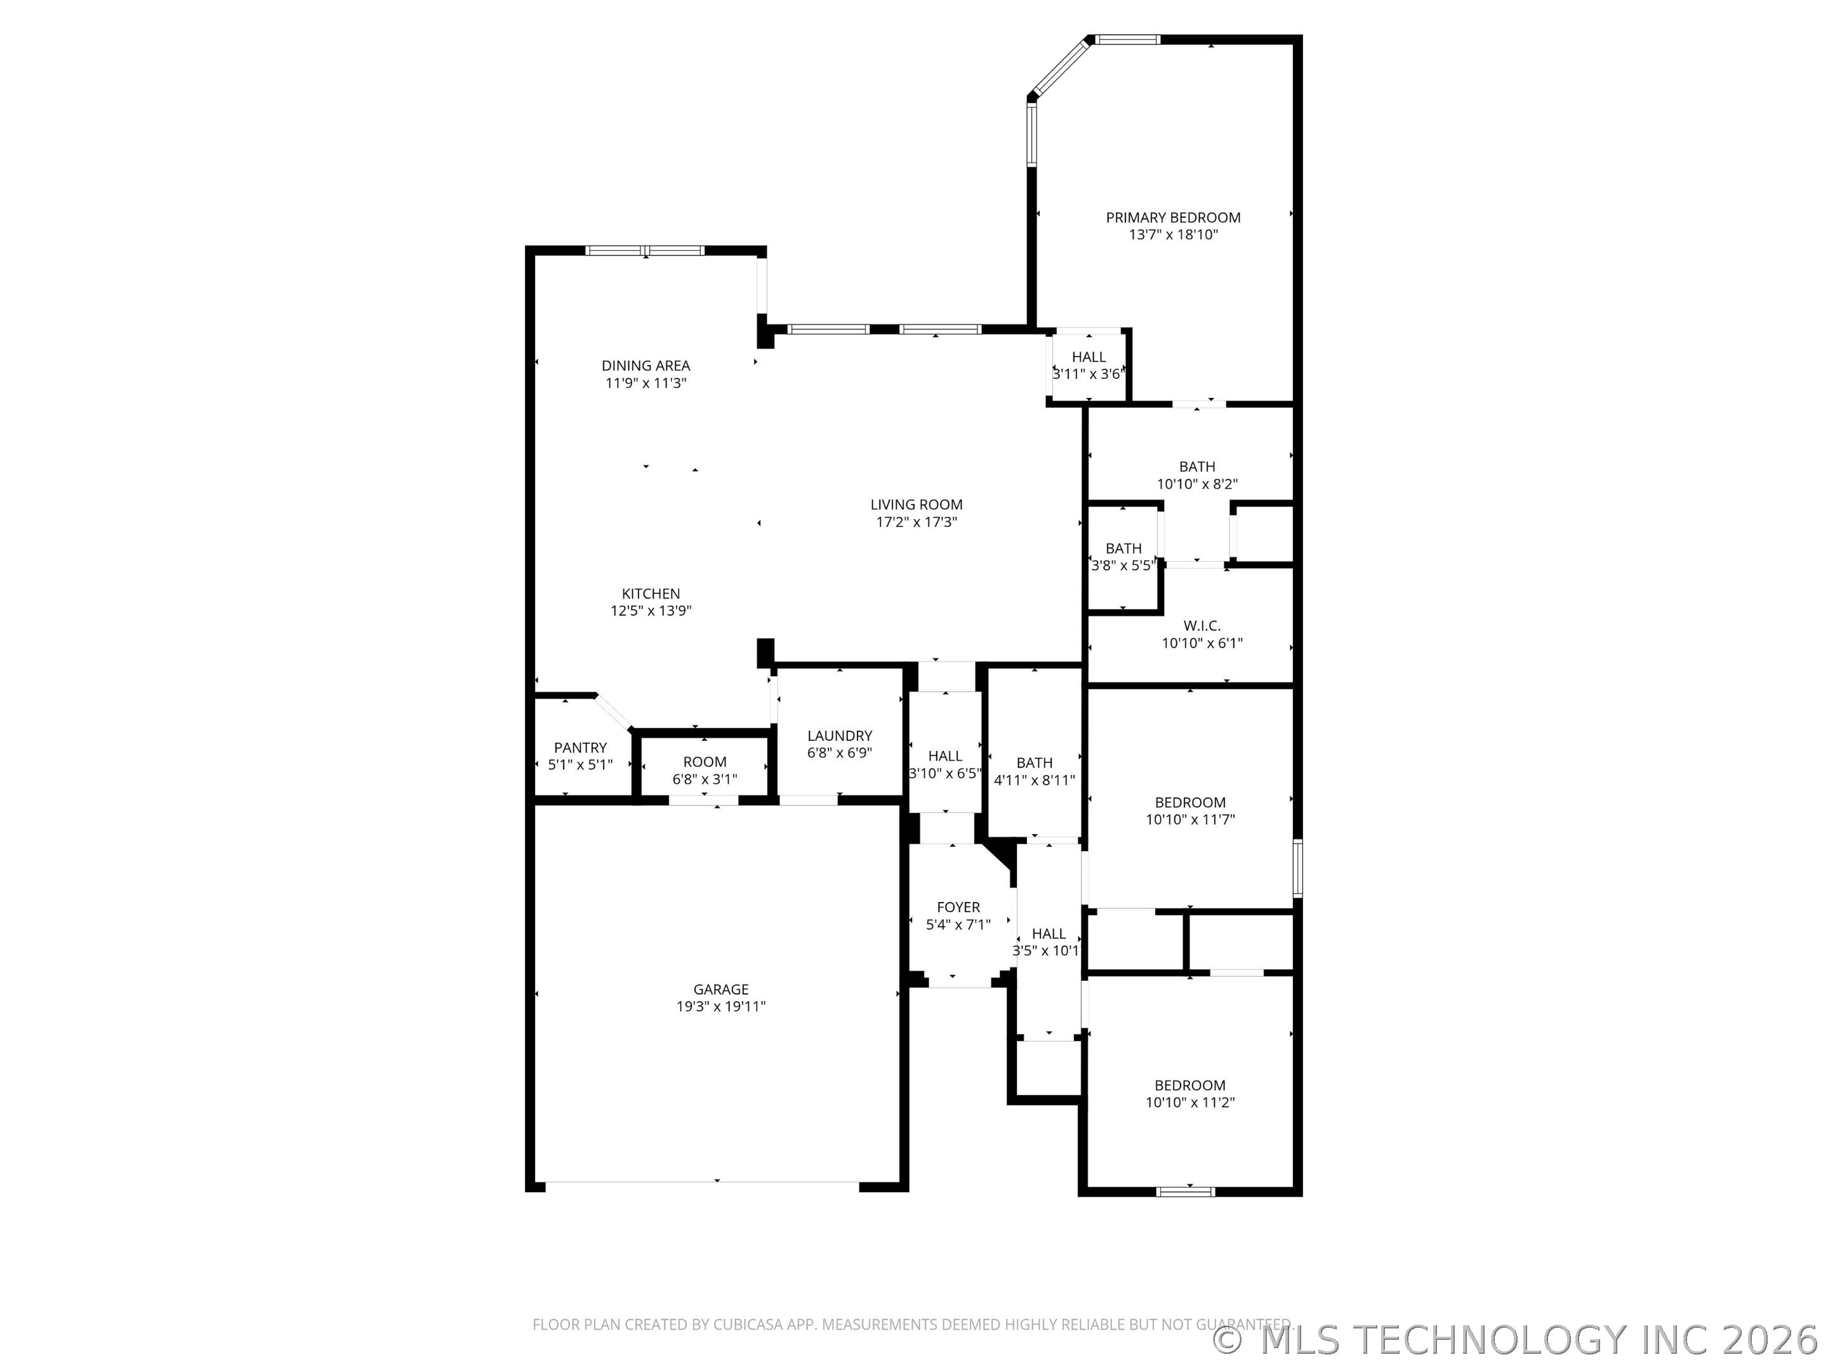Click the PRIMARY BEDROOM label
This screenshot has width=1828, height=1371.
coord(1173,217)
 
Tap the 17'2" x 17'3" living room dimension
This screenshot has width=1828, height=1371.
coord(916,522)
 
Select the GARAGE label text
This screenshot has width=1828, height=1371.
coord(720,989)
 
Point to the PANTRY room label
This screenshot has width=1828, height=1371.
coord(580,747)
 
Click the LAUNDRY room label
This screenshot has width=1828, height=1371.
coord(840,736)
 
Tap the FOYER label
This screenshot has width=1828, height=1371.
coord(958,908)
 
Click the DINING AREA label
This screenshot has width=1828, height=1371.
coord(646,365)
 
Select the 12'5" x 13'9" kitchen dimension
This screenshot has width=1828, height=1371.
coord(651,611)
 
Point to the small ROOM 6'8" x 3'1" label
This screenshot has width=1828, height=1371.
coord(704,762)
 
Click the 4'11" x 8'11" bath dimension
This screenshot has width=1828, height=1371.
coord(1034,779)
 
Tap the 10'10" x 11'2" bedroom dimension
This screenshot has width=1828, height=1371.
coord(1189,1102)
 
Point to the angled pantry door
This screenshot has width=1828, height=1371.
coord(613,712)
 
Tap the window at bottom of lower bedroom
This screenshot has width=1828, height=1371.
coord(1185,1191)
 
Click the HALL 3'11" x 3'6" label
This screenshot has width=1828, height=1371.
coord(1089,357)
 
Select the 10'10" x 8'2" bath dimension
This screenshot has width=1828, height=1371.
coord(1196,484)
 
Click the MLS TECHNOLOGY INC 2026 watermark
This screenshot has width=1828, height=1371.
coord(1516,1341)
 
